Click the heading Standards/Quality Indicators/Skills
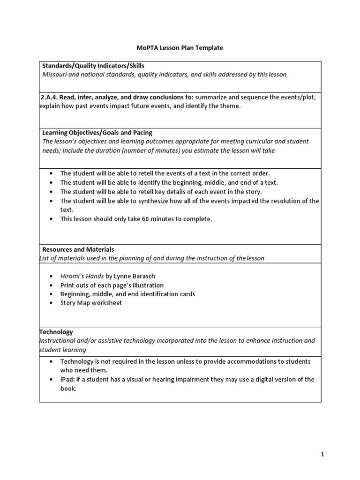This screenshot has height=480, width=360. (93, 66)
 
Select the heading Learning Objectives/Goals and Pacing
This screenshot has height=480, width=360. (97, 133)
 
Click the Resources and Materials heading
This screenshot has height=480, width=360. (78, 249)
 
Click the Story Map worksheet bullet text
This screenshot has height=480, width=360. (91, 303)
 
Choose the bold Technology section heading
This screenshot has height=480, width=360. (56, 332)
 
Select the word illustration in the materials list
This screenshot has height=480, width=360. (147, 285)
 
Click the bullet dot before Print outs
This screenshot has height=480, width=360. (51, 285)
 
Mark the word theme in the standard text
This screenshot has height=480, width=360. (230, 106)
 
